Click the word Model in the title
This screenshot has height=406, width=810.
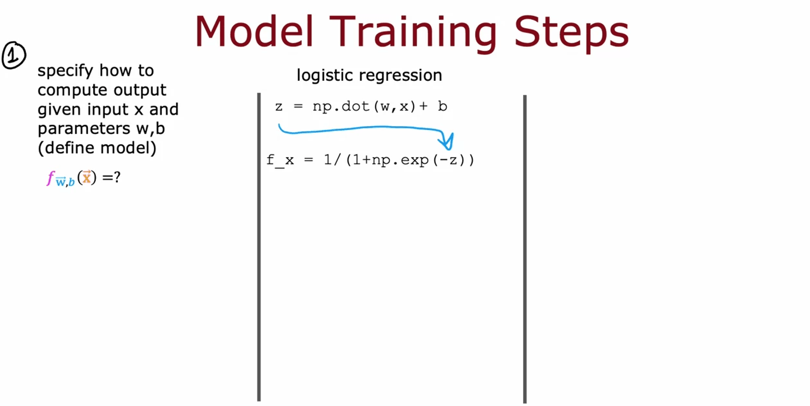254,31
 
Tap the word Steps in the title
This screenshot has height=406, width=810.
571,34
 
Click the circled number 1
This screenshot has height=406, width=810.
14,55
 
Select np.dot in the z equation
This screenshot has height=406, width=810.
341,106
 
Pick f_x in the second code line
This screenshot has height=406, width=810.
280,160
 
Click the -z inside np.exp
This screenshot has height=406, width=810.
448,160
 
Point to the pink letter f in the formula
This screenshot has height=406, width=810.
51,178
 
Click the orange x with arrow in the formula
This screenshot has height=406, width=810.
87,177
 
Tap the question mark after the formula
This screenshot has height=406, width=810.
117,177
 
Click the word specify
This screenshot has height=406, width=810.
65,71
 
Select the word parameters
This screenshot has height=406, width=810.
84,129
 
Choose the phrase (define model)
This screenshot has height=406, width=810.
97,148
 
